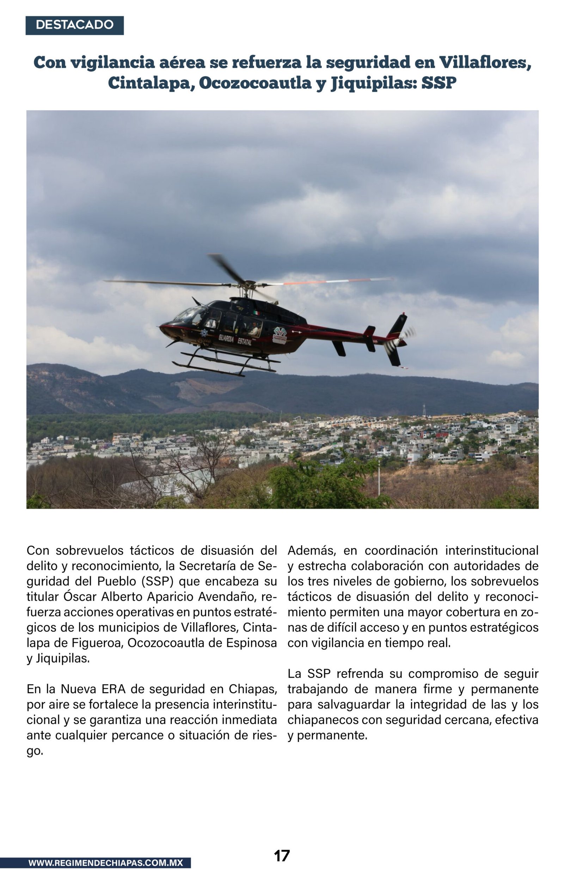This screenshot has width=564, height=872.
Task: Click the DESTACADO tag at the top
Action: click(x=74, y=25)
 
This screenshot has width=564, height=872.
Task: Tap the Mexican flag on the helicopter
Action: click(x=256, y=313)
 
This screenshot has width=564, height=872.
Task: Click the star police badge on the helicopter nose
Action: click(x=204, y=333)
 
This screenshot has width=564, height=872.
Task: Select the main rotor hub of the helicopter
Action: click(x=249, y=284)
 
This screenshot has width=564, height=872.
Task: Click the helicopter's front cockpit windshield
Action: click(x=190, y=314)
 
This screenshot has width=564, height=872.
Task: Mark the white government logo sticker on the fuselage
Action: click(x=280, y=334)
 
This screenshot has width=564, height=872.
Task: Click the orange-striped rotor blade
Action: click(x=330, y=281)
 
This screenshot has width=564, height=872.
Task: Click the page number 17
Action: click(x=282, y=855)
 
